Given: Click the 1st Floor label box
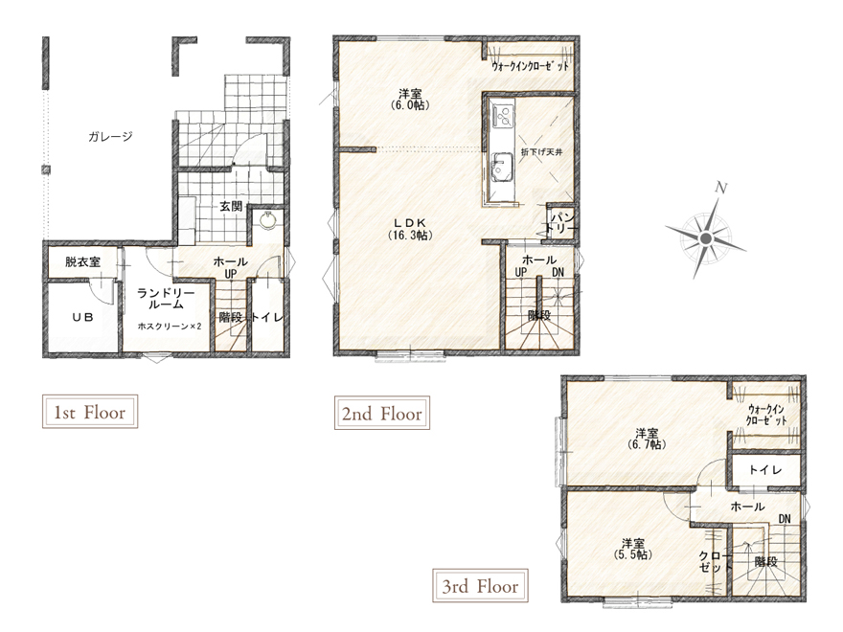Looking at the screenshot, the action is pyautogui.click(x=90, y=412).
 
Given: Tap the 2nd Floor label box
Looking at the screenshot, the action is pyautogui.click(x=381, y=413).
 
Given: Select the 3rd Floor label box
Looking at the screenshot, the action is pyautogui.click(x=480, y=585).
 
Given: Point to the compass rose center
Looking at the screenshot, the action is pyautogui.click(x=706, y=238).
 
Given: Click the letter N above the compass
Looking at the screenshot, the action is pyautogui.click(x=721, y=188).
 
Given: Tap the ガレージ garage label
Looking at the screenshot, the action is pyautogui.click(x=110, y=137).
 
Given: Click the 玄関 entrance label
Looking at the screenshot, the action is pyautogui.click(x=231, y=206).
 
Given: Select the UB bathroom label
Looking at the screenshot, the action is pyautogui.click(x=82, y=317).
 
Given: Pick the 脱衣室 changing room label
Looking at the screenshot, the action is pyautogui.click(x=82, y=261).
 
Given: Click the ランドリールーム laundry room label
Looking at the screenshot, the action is pyautogui.click(x=165, y=299).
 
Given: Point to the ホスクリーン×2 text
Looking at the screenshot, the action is pyautogui.click(x=170, y=326).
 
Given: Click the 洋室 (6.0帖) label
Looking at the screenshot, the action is pyautogui.click(x=410, y=100).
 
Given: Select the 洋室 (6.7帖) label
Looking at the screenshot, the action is pyautogui.click(x=647, y=439).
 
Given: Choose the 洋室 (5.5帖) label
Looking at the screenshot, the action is pyautogui.click(x=633, y=548).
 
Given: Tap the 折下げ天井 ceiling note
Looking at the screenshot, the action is pyautogui.click(x=541, y=152).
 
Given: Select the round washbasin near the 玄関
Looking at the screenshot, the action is pyautogui.click(x=267, y=220).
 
